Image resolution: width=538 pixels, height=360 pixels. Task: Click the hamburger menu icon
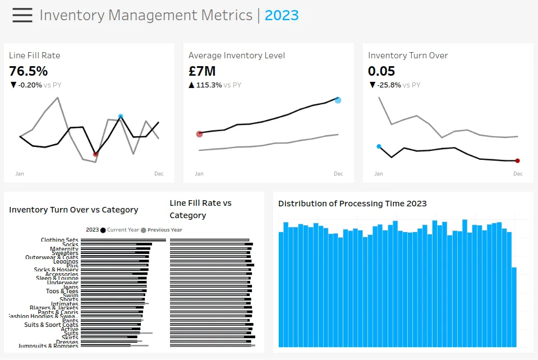click(22, 15)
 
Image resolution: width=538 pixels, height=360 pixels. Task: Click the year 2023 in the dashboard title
click(282, 15)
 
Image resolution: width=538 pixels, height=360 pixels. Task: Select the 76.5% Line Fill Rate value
click(29, 71)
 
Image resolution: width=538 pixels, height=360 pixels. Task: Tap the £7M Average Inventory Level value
click(202, 71)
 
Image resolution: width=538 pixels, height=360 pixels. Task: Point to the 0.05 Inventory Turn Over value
click(381, 71)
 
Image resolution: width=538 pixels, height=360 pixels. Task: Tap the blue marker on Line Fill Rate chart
click(121, 117)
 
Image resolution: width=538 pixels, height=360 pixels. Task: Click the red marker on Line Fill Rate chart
click(95, 154)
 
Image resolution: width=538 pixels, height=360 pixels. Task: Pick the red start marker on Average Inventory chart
click(199, 134)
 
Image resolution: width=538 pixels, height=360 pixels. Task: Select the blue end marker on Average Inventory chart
click(338, 100)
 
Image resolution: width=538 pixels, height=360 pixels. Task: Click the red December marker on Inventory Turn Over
click(517, 161)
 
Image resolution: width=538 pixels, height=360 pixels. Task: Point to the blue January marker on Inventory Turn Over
click(379, 146)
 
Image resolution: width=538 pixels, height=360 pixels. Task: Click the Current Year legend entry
click(119, 230)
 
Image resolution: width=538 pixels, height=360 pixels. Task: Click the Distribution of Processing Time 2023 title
click(352, 204)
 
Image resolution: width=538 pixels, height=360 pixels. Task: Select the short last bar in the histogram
click(514, 307)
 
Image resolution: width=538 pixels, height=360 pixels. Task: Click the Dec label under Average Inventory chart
click(338, 174)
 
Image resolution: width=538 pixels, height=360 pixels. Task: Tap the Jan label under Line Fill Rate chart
click(20, 174)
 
